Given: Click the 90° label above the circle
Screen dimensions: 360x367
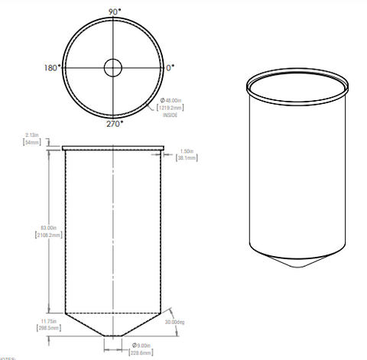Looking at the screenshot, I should [x=113, y=12].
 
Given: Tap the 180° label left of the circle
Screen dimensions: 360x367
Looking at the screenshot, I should [x=50, y=68].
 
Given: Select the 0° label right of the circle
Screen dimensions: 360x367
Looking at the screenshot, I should [x=171, y=68].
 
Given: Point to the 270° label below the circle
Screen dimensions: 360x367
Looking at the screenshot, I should [x=112, y=122].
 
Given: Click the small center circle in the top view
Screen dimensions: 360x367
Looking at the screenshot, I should [x=113, y=67].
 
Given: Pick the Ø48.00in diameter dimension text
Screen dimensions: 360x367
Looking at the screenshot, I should [x=171, y=101].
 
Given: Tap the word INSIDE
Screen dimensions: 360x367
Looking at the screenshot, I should [x=170, y=115].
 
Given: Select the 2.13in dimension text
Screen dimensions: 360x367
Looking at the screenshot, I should [x=33, y=136].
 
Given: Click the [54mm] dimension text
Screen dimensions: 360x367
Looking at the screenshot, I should [x=33, y=143].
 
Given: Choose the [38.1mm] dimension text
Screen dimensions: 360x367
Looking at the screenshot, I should [x=187, y=158].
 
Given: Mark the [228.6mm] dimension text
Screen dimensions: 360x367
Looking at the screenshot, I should [x=141, y=352].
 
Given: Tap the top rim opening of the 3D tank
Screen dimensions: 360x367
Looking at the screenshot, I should [x=299, y=85].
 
